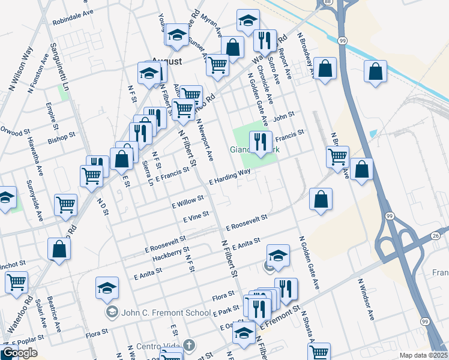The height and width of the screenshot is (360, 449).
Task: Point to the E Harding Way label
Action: point(229,177)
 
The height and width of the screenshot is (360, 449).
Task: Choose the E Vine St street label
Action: point(196,217)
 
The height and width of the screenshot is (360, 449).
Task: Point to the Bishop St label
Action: point(61,139)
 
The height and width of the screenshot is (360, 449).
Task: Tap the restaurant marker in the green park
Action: point(260,143)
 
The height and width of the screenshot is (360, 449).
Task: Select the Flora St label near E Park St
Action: point(223,296)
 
